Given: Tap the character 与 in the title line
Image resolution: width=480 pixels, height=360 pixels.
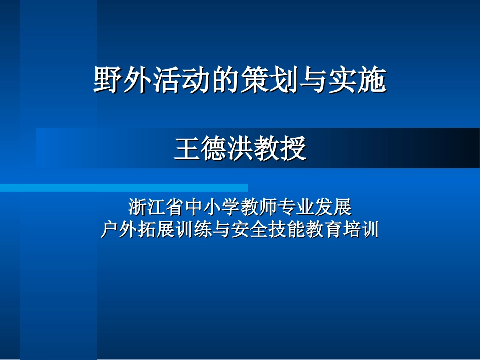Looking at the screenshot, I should [314, 80].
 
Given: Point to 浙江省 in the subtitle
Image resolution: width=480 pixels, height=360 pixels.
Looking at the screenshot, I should [157, 207].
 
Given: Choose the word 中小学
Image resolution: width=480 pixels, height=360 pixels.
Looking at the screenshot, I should [212, 207].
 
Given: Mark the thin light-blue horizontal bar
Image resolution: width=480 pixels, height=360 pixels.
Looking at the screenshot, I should [124, 188].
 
